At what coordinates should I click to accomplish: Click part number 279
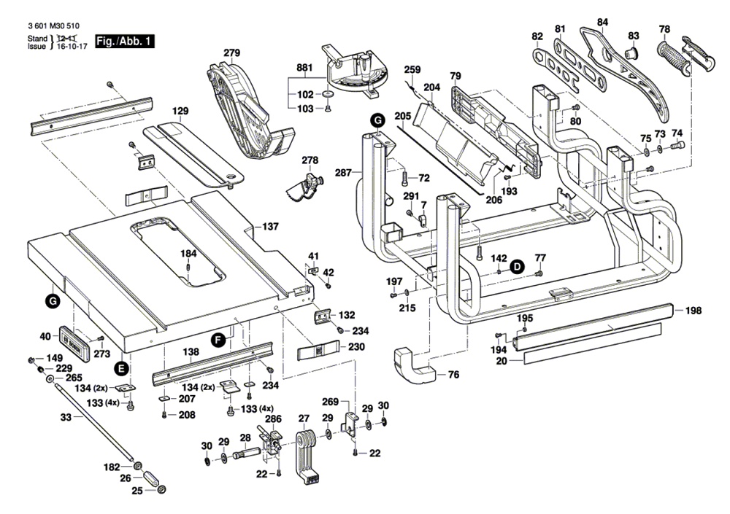click(232, 53)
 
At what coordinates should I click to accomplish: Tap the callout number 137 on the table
click(270, 227)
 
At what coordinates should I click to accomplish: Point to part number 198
click(693, 311)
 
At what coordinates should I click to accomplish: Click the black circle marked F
click(218, 339)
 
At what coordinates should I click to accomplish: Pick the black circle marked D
click(517, 267)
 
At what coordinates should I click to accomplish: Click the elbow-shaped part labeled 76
click(412, 363)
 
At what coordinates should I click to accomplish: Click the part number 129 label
click(180, 111)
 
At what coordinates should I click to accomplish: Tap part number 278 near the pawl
click(310, 160)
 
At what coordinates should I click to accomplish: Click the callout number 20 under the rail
click(502, 360)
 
